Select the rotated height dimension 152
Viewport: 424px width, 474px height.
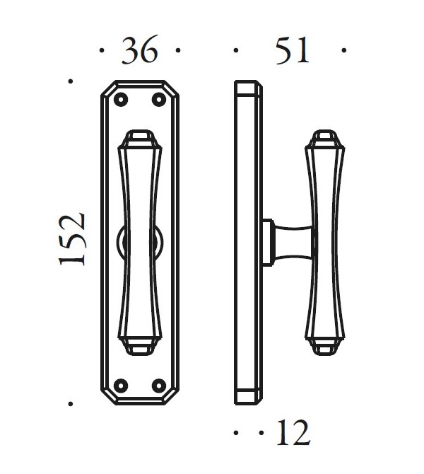click(x=73, y=239)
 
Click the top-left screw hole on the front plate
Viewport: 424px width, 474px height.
click(x=119, y=100)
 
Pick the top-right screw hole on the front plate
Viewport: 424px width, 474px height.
click(x=160, y=100)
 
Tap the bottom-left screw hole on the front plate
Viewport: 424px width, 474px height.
click(x=119, y=385)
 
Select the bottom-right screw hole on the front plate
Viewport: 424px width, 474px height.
click(x=160, y=385)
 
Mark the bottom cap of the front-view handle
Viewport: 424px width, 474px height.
click(x=139, y=345)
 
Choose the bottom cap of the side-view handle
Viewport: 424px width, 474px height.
click(x=324, y=345)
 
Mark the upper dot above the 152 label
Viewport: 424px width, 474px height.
click(x=71, y=82)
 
